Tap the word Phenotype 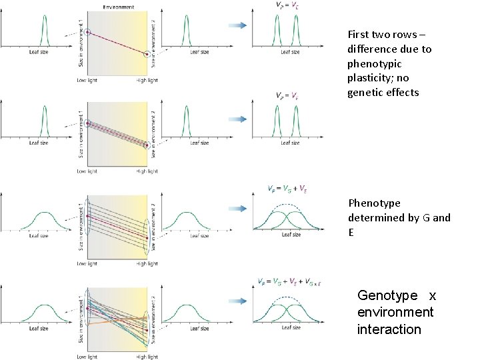[374, 203]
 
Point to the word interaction [389, 329]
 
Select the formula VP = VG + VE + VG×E [289, 282]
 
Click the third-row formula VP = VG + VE [287, 190]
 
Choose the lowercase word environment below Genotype [395, 313]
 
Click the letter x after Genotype [433, 295]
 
